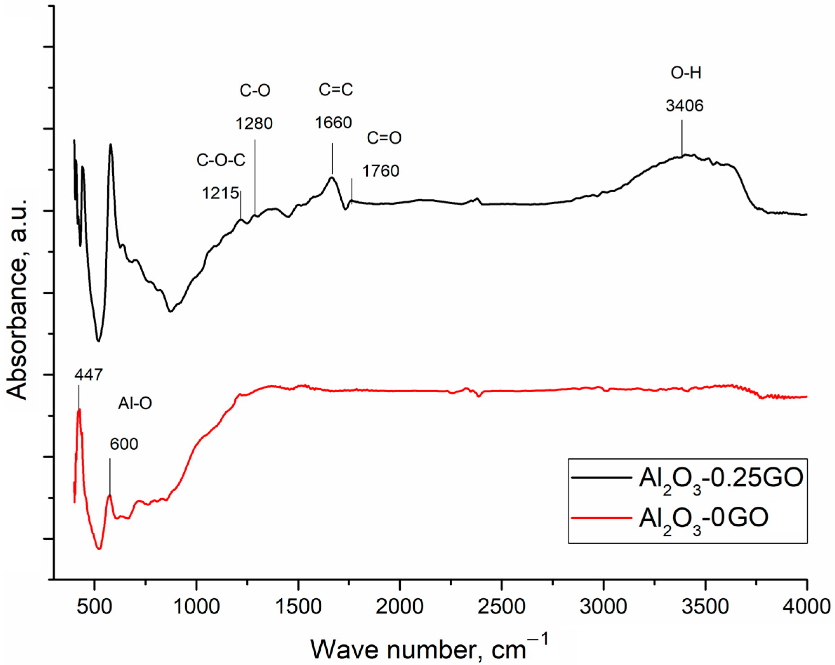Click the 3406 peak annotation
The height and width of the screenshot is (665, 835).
click(684, 106)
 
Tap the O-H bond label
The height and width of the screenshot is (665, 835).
click(686, 73)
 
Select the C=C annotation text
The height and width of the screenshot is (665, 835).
click(336, 90)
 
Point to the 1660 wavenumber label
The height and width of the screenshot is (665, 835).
click(333, 123)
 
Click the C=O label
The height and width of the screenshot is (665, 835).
click(384, 138)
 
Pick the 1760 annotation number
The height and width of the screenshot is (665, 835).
click(381, 171)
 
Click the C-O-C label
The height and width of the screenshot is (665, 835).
click(221, 160)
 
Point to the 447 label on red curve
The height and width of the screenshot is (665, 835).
click(89, 375)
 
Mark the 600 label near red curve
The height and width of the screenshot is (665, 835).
click(124, 444)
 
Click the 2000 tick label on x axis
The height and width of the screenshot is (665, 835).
click(399, 606)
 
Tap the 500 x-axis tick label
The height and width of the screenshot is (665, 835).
click(94, 606)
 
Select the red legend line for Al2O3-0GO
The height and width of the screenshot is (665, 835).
click(601, 518)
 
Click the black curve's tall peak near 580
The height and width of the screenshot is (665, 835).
click(111, 146)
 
